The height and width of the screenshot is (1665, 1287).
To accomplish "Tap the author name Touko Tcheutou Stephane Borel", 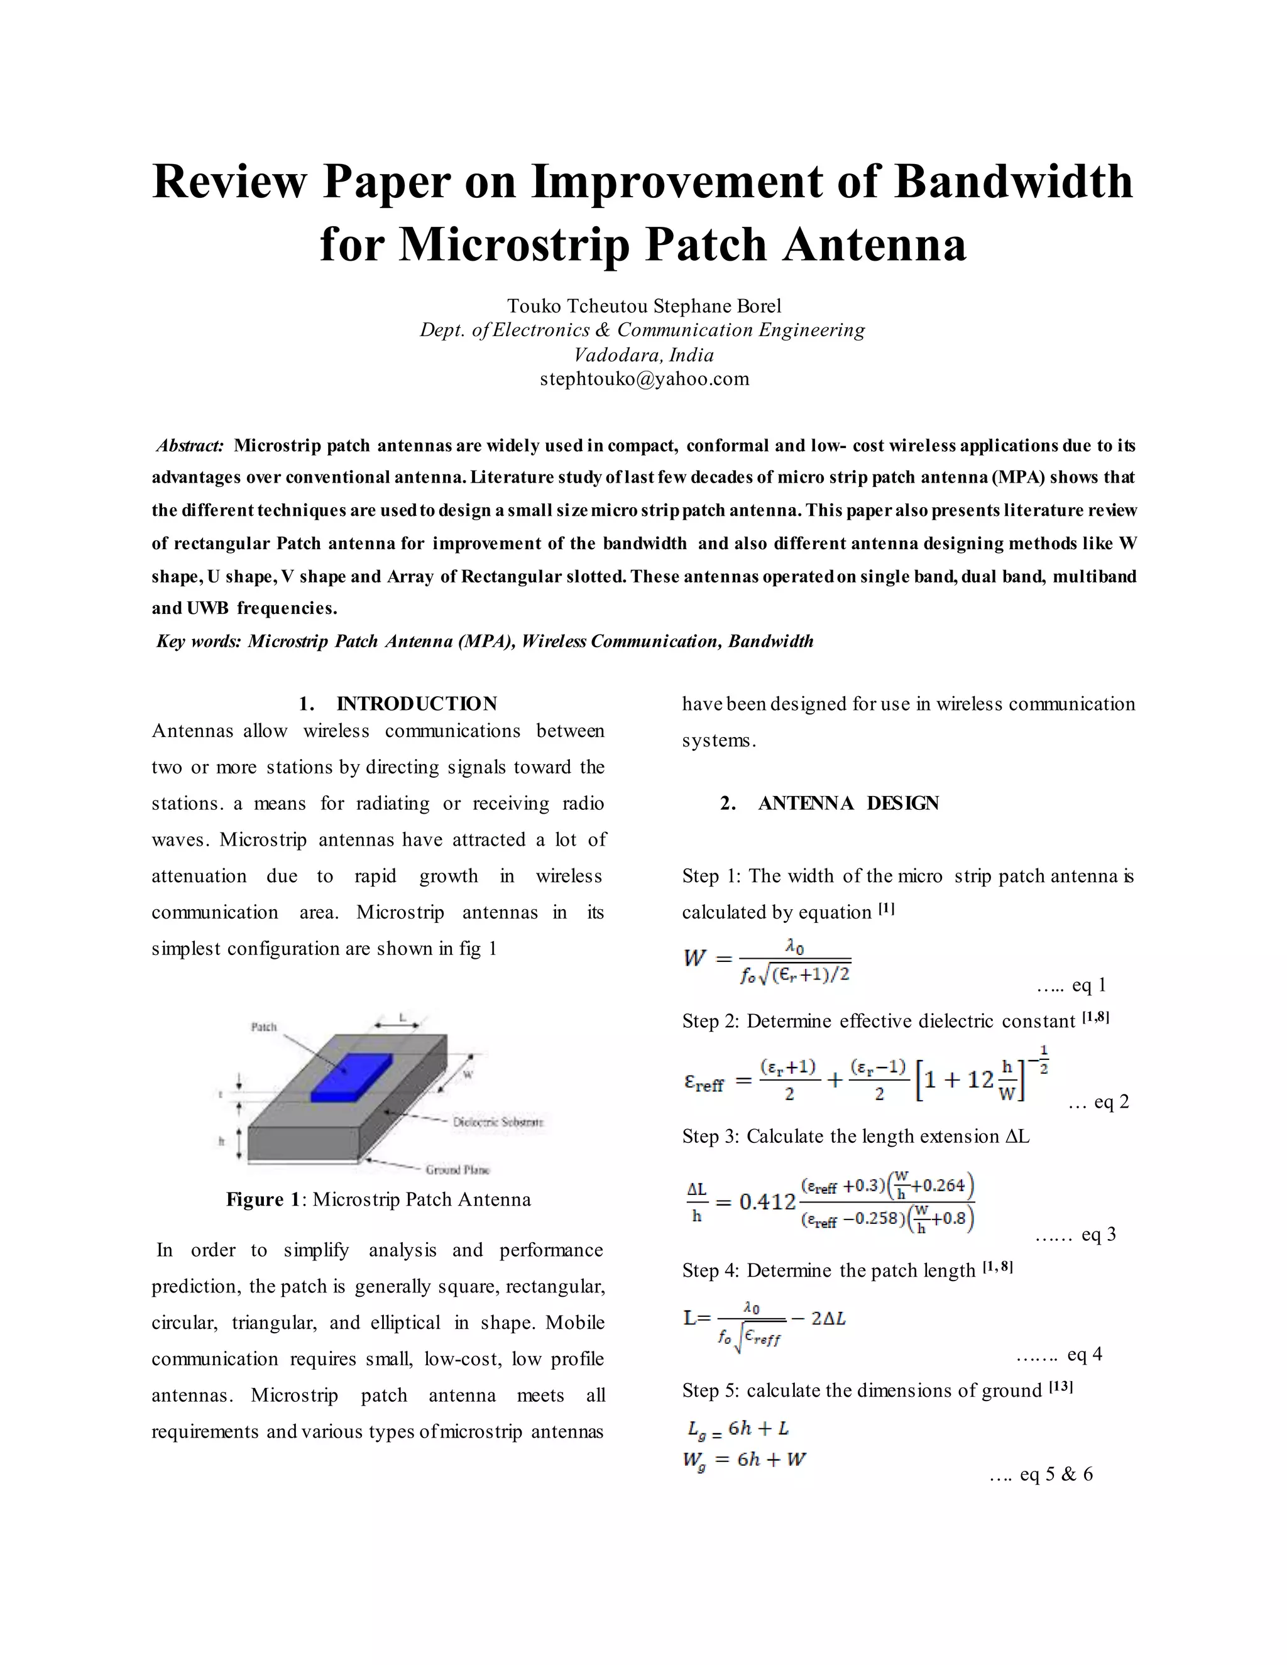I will (644, 306).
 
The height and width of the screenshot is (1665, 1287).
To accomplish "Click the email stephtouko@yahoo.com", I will (644, 379).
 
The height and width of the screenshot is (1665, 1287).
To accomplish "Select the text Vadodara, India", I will (644, 354).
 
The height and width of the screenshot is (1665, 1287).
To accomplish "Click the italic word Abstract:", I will (190, 445).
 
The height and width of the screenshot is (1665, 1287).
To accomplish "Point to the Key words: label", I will (198, 641).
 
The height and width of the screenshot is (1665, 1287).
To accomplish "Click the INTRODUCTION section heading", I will (416, 704).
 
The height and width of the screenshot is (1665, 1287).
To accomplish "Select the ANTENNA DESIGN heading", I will (848, 803).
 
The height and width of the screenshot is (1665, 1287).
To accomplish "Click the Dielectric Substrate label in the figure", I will (498, 1122).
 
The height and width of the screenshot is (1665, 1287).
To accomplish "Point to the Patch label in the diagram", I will (264, 1027).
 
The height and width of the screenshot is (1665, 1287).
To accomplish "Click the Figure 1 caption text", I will (378, 1200).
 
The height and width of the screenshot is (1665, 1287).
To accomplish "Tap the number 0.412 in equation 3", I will (767, 1202).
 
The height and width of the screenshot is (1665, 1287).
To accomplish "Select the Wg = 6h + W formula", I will (744, 1460).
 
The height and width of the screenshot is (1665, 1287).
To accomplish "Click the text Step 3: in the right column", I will (710, 1137).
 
